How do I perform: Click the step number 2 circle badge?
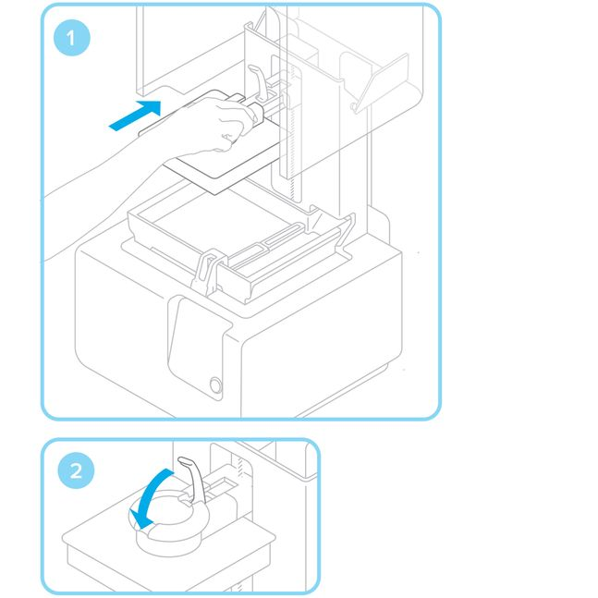tap(74, 470)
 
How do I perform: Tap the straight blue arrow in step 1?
tap(128, 116)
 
